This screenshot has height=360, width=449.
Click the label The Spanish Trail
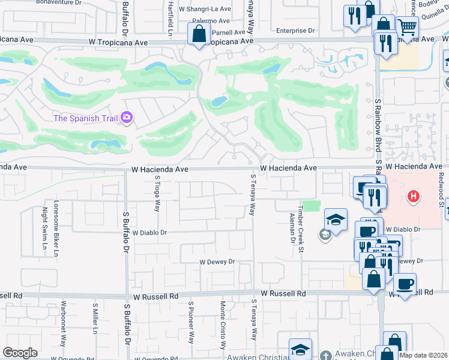(85, 118)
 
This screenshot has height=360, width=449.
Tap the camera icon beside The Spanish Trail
(127, 118)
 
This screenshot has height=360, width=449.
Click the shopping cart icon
(407, 27)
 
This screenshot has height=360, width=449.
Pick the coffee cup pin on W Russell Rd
(405, 284)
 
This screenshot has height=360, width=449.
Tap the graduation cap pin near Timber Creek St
(336, 220)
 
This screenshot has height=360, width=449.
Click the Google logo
(20, 353)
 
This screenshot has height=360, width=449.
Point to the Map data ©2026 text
(423, 355)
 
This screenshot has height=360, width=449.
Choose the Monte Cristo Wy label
(222, 325)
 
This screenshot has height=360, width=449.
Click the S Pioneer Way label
(191, 322)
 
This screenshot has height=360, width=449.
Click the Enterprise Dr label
(295, 31)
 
